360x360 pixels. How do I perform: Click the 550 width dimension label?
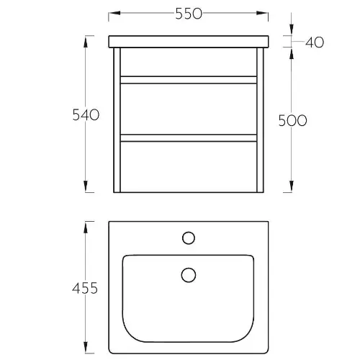189,14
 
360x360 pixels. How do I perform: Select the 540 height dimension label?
86,114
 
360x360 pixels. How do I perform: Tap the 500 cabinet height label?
292,120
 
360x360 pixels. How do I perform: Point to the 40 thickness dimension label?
315,42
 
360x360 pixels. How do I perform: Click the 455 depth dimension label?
85,288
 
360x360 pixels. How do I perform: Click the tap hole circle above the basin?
189,238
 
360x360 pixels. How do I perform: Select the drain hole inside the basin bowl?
189,275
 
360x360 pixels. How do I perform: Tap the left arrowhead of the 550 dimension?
114,13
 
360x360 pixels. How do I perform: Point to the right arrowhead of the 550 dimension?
262,13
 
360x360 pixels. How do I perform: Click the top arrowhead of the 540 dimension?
86,42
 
